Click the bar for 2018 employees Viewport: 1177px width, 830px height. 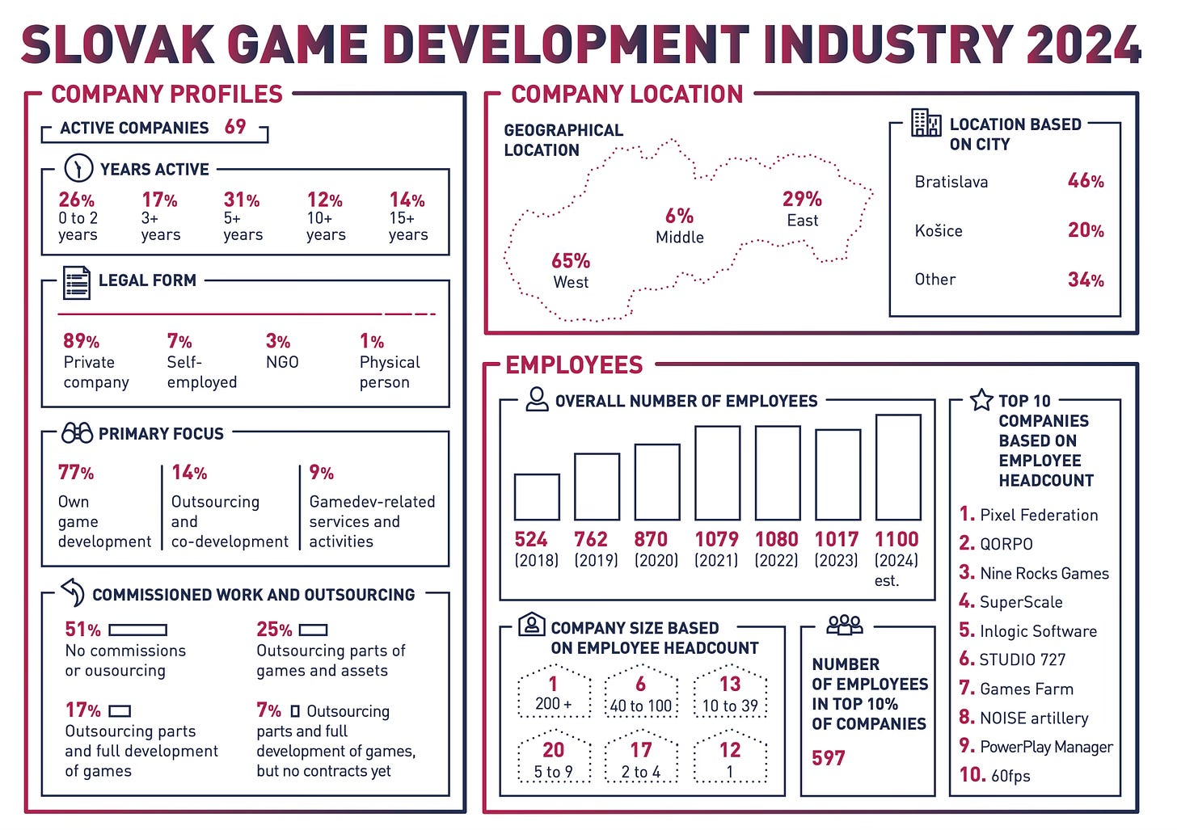pos(537,496)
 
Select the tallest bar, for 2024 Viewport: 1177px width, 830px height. pos(897,467)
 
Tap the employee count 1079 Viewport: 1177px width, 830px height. pos(716,539)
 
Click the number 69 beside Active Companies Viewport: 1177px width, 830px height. pos(235,127)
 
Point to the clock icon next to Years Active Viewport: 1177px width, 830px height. pos(78,168)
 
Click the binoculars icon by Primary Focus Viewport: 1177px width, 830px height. pos(77,433)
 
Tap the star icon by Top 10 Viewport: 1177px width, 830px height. pos(981,400)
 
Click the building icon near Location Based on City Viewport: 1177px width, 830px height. pos(926,123)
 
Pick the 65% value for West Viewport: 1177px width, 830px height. pos(571,261)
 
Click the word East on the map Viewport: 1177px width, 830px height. pos(802,221)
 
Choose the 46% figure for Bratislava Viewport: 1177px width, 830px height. pos(1086,181)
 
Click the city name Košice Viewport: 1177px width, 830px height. pos(939,231)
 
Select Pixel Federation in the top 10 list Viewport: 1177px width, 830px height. pos(1039,515)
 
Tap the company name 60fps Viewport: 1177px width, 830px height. pos(1010,776)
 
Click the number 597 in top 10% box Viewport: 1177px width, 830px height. pos(829,758)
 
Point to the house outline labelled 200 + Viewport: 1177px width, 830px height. pos(554,692)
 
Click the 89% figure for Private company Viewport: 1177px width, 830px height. pos(81,341)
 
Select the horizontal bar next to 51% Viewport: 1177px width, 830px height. pos(137,630)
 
